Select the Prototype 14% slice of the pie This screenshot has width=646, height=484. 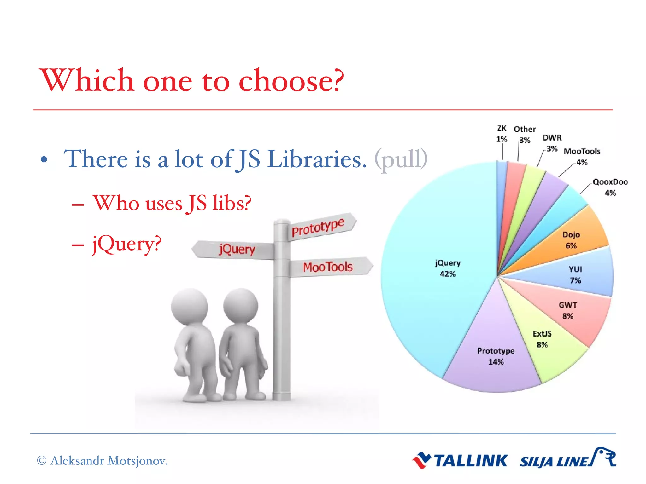click(495, 356)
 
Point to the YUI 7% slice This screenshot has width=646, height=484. click(577, 274)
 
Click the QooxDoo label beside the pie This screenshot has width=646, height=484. click(610, 182)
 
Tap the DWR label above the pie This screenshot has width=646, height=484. click(552, 138)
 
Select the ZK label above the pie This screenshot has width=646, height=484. click(502, 129)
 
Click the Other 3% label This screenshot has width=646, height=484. click(525, 134)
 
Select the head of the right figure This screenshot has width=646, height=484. click(241, 306)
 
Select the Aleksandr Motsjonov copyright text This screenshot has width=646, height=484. click(103, 461)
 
